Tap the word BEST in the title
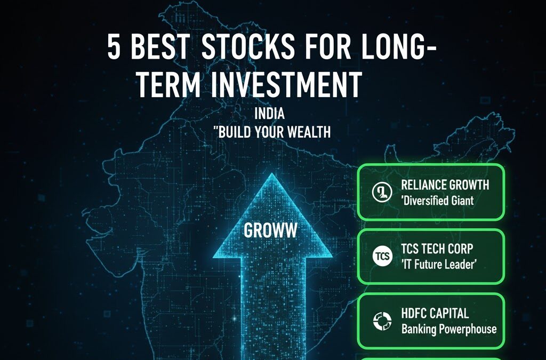coord(159,49)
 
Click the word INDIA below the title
coord(270,114)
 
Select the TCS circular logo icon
coord(380,257)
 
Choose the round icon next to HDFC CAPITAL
coord(380,321)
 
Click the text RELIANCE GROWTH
coord(445,186)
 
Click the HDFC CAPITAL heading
coord(435,313)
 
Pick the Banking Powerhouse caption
coord(448,329)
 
